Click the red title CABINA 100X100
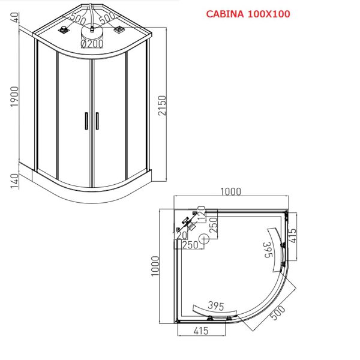coord(248,14)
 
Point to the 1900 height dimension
coord(14,97)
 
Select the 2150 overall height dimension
coord(162,106)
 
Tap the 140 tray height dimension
coord(14,181)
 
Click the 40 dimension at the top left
coord(14,17)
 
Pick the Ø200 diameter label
coord(92,44)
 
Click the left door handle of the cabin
coord(86,121)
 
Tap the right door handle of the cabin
coord(97,121)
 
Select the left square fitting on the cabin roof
coord(64,30)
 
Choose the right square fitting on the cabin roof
coord(119,29)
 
